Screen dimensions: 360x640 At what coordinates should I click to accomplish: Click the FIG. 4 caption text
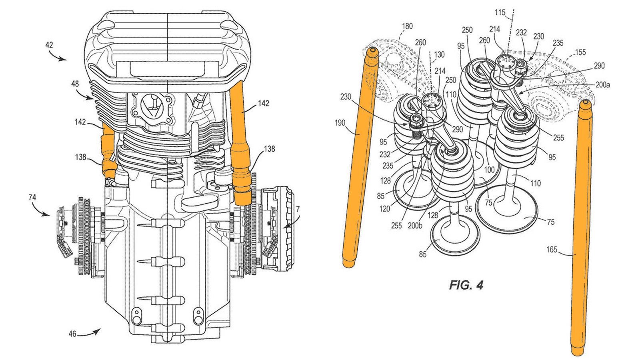click(466, 285)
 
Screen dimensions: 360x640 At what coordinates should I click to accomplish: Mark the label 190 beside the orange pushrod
click(340, 123)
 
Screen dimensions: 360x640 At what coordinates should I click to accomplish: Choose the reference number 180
click(407, 27)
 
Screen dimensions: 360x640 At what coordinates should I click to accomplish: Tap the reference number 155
click(580, 52)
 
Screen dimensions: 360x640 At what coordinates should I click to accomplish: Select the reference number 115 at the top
click(500, 13)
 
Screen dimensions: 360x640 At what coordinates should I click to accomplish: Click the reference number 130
click(439, 55)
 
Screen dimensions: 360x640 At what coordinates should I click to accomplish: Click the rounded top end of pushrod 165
click(586, 104)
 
